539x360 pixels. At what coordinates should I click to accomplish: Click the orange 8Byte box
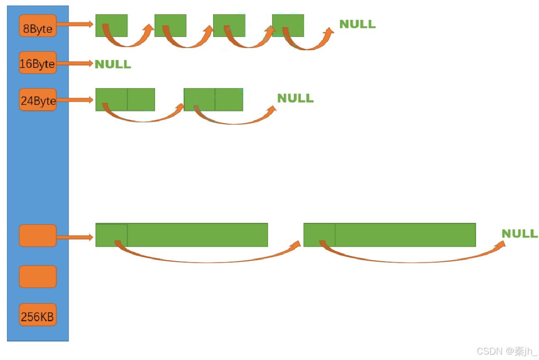click(x=37, y=26)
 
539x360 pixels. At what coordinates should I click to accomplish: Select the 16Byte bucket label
click(x=37, y=63)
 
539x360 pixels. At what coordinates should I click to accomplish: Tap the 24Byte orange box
click(x=37, y=100)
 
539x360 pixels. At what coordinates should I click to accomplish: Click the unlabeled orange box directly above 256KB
click(x=37, y=277)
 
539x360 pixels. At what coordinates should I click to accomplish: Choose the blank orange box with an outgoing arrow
click(x=37, y=235)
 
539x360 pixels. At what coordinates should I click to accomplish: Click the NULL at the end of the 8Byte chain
click(x=357, y=24)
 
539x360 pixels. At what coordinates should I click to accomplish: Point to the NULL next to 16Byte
click(x=113, y=64)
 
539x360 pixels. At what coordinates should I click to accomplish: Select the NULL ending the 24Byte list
click(x=295, y=98)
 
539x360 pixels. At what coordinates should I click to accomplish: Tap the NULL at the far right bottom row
click(x=519, y=234)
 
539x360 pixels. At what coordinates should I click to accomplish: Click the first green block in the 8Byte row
click(x=111, y=25)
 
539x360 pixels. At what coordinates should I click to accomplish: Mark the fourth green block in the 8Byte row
click(x=288, y=25)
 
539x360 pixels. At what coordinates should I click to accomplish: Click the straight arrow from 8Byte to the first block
click(x=75, y=24)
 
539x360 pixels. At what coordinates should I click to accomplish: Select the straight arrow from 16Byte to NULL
click(x=75, y=64)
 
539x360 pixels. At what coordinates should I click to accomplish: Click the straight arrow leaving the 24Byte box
click(x=75, y=100)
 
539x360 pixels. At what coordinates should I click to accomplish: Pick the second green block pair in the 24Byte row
click(x=213, y=100)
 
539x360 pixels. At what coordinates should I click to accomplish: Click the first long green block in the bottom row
click(x=182, y=235)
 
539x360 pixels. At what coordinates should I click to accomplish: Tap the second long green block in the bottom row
click(x=389, y=235)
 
